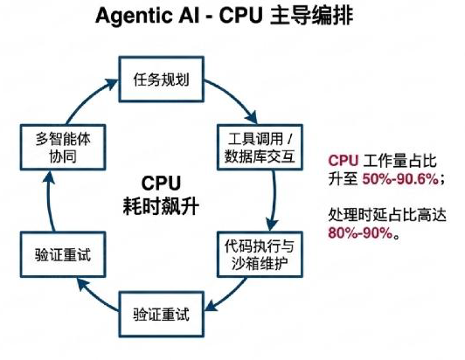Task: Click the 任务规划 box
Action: pyautogui.click(x=162, y=80)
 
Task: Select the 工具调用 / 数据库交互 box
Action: pyautogui.click(x=260, y=148)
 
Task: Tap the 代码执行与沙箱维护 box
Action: pyautogui.click(x=260, y=254)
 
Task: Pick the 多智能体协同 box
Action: pyautogui.click(x=63, y=148)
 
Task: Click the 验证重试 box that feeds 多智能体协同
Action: pyautogui.click(x=63, y=254)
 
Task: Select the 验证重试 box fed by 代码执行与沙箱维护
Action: pyautogui.click(x=162, y=315)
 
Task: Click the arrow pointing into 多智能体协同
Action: pyautogui.click(x=49, y=202)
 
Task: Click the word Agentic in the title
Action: pyautogui.click(x=135, y=16)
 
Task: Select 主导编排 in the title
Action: pyautogui.click(x=312, y=15)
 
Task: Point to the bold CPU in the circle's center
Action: pyautogui.click(x=161, y=183)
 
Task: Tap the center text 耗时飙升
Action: pyautogui.click(x=161, y=206)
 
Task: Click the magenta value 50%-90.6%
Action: pyautogui.click(x=400, y=179)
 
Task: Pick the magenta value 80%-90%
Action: pyautogui.click(x=360, y=233)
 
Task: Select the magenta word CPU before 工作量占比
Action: pyautogui.click(x=344, y=161)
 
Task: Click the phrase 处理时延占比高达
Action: pyautogui.click(x=387, y=215)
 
